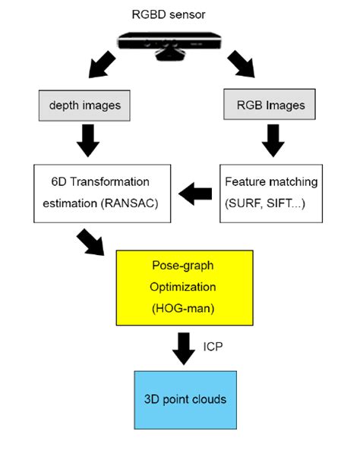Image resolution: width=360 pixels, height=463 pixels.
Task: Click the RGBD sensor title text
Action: pos(180,13)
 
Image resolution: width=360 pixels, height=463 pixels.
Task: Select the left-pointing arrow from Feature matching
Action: pos(196,195)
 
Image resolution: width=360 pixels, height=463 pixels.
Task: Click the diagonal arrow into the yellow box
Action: pos(92,244)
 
